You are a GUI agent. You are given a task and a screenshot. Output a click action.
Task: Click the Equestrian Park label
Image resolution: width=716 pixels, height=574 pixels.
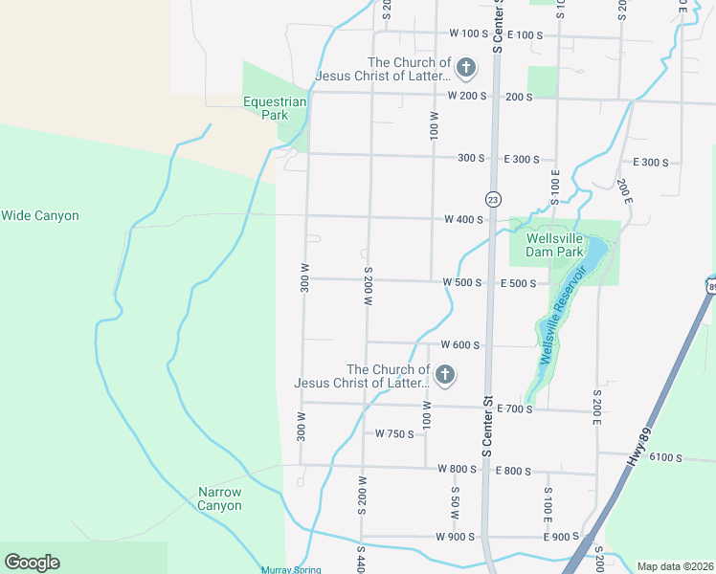pyautogui.click(x=275, y=108)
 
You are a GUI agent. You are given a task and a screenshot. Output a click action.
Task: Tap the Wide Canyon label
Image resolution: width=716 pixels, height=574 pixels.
pyautogui.click(x=40, y=216)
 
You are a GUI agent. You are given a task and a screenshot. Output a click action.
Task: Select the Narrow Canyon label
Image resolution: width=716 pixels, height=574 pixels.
pyautogui.click(x=220, y=498)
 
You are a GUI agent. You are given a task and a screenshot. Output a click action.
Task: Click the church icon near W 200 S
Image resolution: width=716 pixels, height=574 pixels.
pyautogui.click(x=465, y=67)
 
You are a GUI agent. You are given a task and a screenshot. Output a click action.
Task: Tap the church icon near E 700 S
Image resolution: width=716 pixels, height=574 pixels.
pyautogui.click(x=444, y=375)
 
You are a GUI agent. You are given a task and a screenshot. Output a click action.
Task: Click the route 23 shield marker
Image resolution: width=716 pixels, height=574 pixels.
pyautogui.click(x=493, y=199)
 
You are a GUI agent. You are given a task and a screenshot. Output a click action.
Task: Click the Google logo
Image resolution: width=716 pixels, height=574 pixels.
pyautogui.click(x=32, y=563)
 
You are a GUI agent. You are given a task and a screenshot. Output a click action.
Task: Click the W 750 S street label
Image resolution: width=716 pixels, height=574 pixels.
pyautogui.click(x=394, y=434)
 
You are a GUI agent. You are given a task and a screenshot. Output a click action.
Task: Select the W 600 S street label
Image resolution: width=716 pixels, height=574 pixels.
pyautogui.click(x=459, y=344)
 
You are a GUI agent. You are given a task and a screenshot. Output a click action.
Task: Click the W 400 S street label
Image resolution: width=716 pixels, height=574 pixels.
pyautogui.click(x=462, y=219)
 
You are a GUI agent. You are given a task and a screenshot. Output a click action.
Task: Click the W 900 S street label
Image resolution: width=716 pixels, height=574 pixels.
pyautogui.click(x=456, y=537)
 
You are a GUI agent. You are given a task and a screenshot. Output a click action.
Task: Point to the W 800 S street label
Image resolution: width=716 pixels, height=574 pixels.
pyautogui.click(x=458, y=469)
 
